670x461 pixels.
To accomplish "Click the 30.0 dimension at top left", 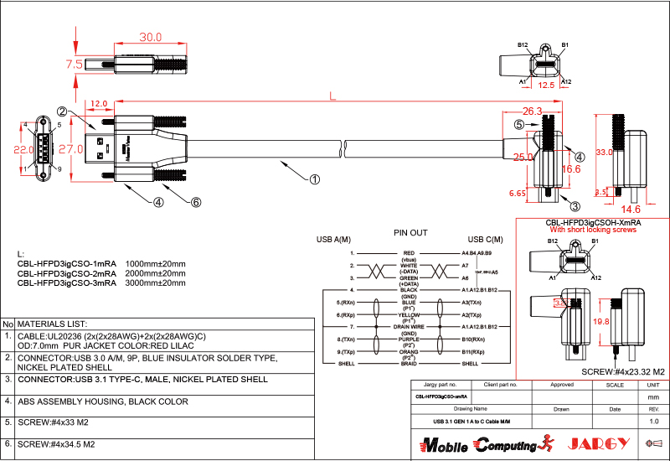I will pyautogui.click(x=151, y=38).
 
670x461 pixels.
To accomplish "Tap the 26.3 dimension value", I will pyautogui.click(x=533, y=111).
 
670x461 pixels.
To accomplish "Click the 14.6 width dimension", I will pyautogui.click(x=631, y=209).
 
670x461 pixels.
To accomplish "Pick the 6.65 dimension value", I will pyautogui.click(x=517, y=193).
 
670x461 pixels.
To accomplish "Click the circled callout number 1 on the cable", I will pyautogui.click(x=315, y=179).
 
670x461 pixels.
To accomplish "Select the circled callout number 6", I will pyautogui.click(x=196, y=202).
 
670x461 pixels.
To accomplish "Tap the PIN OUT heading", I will pyautogui.click(x=410, y=232).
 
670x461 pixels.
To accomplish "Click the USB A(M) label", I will pyautogui.click(x=333, y=240).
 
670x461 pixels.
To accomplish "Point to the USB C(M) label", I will pyautogui.click(x=485, y=240).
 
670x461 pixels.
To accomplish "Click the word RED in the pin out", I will pyautogui.click(x=409, y=252).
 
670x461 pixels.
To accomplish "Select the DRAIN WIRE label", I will pyautogui.click(x=409, y=326).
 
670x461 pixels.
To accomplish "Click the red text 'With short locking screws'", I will pyautogui.click(x=593, y=229).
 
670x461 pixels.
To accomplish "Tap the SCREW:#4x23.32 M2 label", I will pyautogui.click(x=622, y=371).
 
